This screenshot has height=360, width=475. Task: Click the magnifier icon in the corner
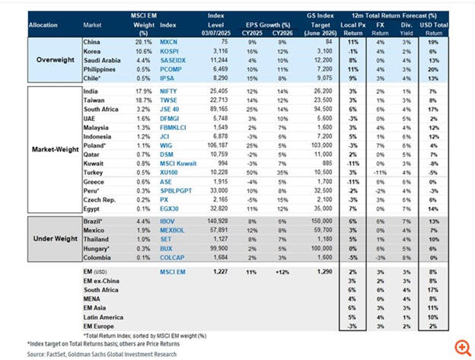click(x=460, y=346)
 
